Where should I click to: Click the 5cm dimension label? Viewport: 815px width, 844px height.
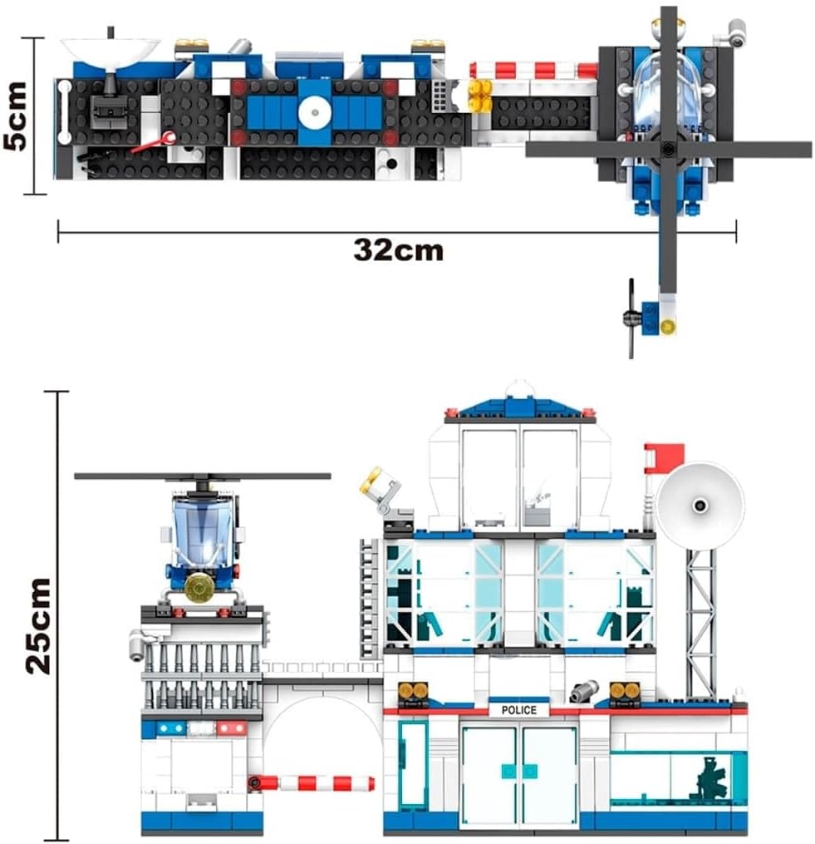point(15,116)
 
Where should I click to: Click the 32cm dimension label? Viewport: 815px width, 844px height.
point(399,250)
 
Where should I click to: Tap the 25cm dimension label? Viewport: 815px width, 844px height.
point(38,626)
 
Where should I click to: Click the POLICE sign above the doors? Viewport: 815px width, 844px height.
point(519,710)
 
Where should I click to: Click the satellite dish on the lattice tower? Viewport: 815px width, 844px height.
point(700,506)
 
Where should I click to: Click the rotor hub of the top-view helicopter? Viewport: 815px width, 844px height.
point(668,149)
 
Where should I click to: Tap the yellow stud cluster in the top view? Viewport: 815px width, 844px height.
point(480,96)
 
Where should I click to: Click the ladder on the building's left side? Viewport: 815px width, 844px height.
point(370,598)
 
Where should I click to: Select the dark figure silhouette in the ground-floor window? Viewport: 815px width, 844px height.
point(710,778)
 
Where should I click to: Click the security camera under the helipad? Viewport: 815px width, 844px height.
point(139,644)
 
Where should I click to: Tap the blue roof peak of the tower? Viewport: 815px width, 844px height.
point(520,407)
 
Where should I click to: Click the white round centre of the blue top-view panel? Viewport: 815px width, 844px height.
point(314,112)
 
